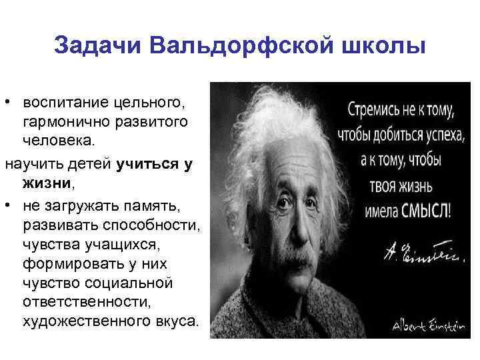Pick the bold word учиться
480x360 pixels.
click(x=145, y=163)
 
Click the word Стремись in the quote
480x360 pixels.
click(x=373, y=107)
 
